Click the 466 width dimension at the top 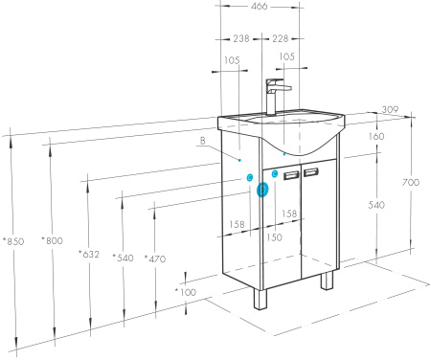click(259, 6)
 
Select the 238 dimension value click(241, 38)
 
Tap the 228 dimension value click(280, 38)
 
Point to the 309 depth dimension click(390, 109)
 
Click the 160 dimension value click(376, 137)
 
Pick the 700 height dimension click(411, 182)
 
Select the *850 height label click(13, 241)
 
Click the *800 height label click(52, 240)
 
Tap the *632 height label click(89, 255)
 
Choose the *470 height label click(155, 259)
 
